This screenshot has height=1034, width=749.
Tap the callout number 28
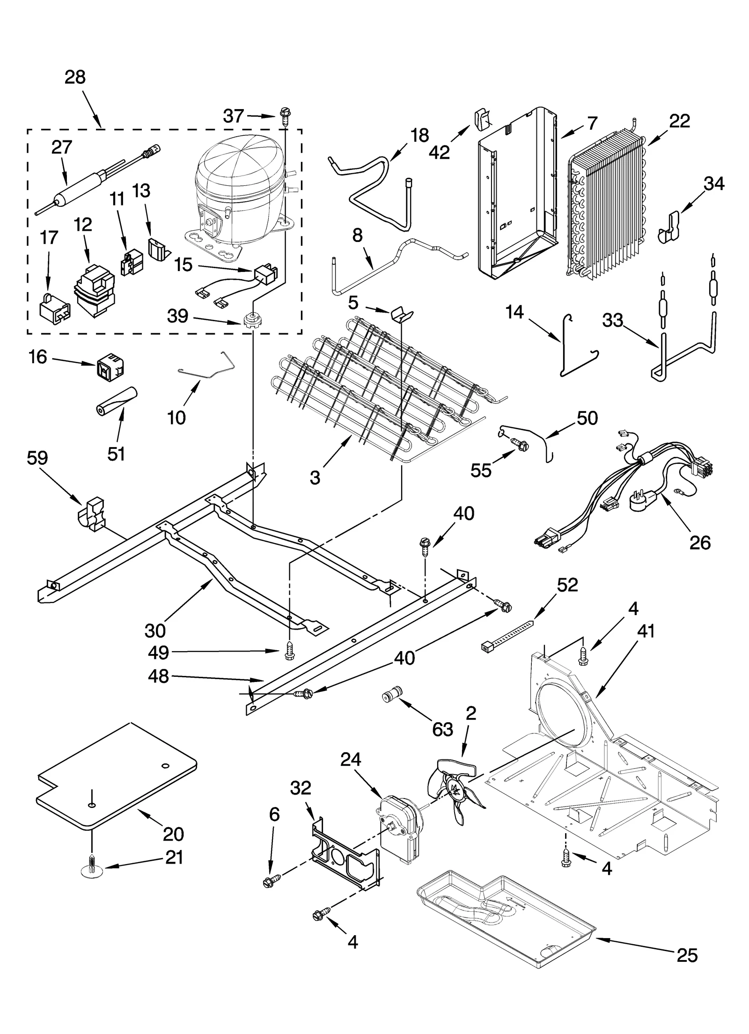[75, 77]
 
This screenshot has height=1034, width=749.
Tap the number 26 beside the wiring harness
[699, 543]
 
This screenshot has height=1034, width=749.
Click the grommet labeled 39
[252, 320]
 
